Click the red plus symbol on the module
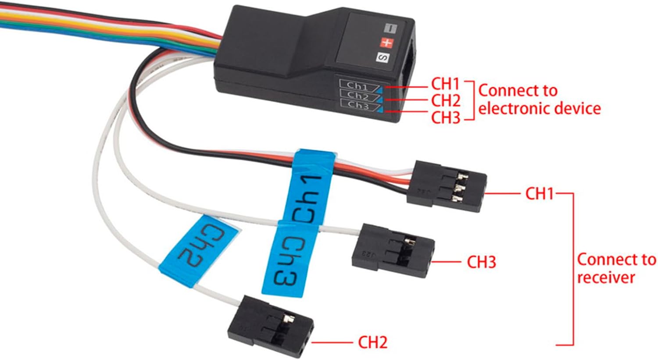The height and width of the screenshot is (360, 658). pyautogui.click(x=386, y=43)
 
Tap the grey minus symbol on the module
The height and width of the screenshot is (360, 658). pyautogui.click(x=390, y=29)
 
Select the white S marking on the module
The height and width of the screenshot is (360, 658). pyautogui.click(x=383, y=57)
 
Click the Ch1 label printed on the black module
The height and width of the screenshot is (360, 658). pyautogui.click(x=359, y=86)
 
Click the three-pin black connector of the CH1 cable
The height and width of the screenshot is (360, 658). pyautogui.click(x=447, y=186)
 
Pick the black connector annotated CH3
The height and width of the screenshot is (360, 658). pyautogui.click(x=393, y=250)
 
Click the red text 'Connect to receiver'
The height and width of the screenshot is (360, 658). pyautogui.click(x=616, y=269)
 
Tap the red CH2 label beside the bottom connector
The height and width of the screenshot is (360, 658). pyautogui.click(x=372, y=342)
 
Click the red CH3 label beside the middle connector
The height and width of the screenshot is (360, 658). pyautogui.click(x=482, y=262)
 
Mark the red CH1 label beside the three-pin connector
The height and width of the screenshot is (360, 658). pyautogui.click(x=539, y=194)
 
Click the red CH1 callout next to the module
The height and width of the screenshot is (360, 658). pyautogui.click(x=445, y=84)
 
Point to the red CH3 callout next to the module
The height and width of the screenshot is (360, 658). pyautogui.click(x=446, y=118)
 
